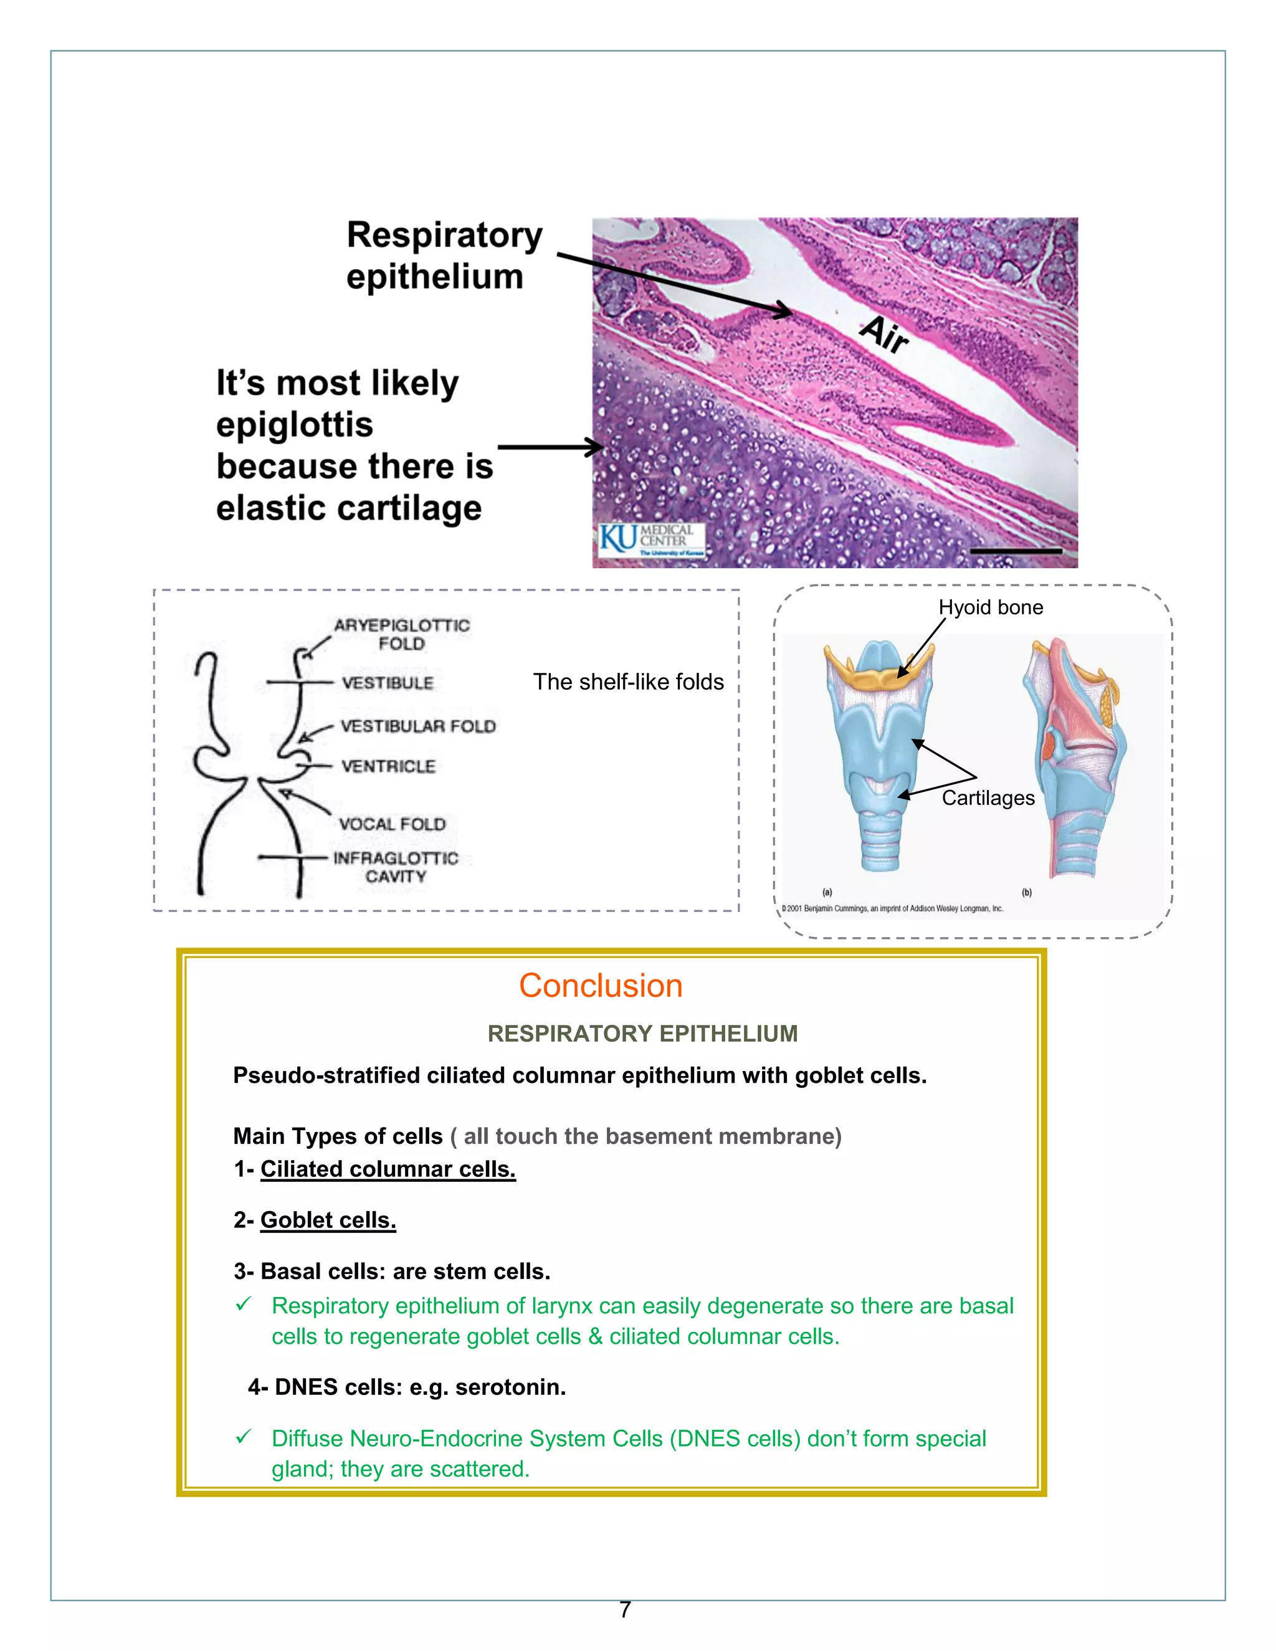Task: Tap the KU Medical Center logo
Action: point(652,540)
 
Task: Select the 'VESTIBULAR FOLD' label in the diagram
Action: point(418,726)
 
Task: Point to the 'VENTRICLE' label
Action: point(388,766)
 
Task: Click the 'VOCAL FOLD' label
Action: point(393,824)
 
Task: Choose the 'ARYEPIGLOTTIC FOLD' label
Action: point(401,634)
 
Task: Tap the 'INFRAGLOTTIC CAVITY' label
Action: point(396,867)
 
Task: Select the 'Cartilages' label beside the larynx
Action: point(988,797)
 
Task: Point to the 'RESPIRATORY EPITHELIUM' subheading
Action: point(642,1034)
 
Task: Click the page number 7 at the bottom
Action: point(625,1609)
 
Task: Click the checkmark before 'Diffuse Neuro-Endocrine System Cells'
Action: point(244,1437)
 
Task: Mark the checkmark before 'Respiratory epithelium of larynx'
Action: point(244,1305)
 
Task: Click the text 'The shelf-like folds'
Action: point(628,682)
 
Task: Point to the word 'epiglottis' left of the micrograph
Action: point(295,425)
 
